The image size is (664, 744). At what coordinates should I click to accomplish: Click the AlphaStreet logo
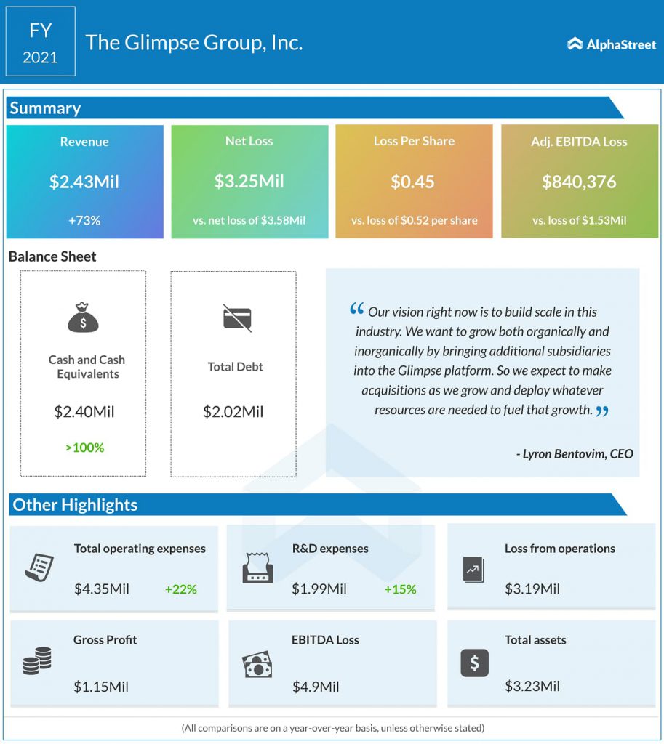(612, 44)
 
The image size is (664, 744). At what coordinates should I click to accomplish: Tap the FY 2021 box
(41, 41)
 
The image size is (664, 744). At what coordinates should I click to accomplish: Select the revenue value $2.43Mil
(84, 182)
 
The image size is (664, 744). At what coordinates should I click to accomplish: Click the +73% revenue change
(84, 220)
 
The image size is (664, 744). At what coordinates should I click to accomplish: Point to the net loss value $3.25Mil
(249, 181)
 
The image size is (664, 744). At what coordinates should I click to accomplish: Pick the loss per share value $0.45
(413, 182)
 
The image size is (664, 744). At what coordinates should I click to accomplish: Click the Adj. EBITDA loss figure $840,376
(579, 182)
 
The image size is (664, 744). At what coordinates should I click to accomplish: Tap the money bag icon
(83, 317)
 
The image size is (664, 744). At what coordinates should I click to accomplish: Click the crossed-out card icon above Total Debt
(237, 318)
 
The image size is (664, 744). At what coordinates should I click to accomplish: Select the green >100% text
(84, 448)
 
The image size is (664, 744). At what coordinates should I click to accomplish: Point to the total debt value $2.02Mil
(233, 411)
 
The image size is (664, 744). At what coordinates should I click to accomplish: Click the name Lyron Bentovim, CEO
(575, 454)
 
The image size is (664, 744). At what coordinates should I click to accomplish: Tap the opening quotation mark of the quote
(356, 309)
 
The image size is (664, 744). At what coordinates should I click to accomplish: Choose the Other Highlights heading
(75, 505)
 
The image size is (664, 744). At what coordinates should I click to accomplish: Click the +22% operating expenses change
(180, 589)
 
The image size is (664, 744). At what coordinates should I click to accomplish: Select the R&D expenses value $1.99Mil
(319, 589)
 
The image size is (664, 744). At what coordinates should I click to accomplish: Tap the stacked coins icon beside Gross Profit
(37, 660)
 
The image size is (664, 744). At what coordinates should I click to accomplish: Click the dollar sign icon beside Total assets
(474, 663)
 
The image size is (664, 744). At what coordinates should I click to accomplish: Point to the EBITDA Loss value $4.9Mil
(316, 687)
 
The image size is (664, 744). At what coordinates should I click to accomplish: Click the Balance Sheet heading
(52, 256)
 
